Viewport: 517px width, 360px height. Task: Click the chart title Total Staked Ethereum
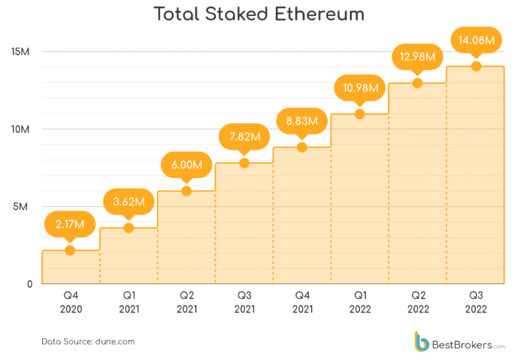(258, 14)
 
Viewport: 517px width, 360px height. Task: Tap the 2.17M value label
(70, 224)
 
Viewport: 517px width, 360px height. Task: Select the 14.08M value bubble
(476, 40)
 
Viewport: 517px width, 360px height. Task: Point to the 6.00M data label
(186, 165)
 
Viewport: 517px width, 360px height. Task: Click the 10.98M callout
(360, 88)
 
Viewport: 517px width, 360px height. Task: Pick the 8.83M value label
(302, 121)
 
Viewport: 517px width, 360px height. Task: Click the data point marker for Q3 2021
(244, 163)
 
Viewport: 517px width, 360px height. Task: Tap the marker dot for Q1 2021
(128, 228)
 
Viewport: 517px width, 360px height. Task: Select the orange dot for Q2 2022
(418, 83)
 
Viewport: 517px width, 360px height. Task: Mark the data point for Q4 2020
(70, 250)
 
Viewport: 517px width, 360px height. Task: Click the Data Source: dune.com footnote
(88, 341)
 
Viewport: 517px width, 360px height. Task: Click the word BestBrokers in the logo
(462, 343)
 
